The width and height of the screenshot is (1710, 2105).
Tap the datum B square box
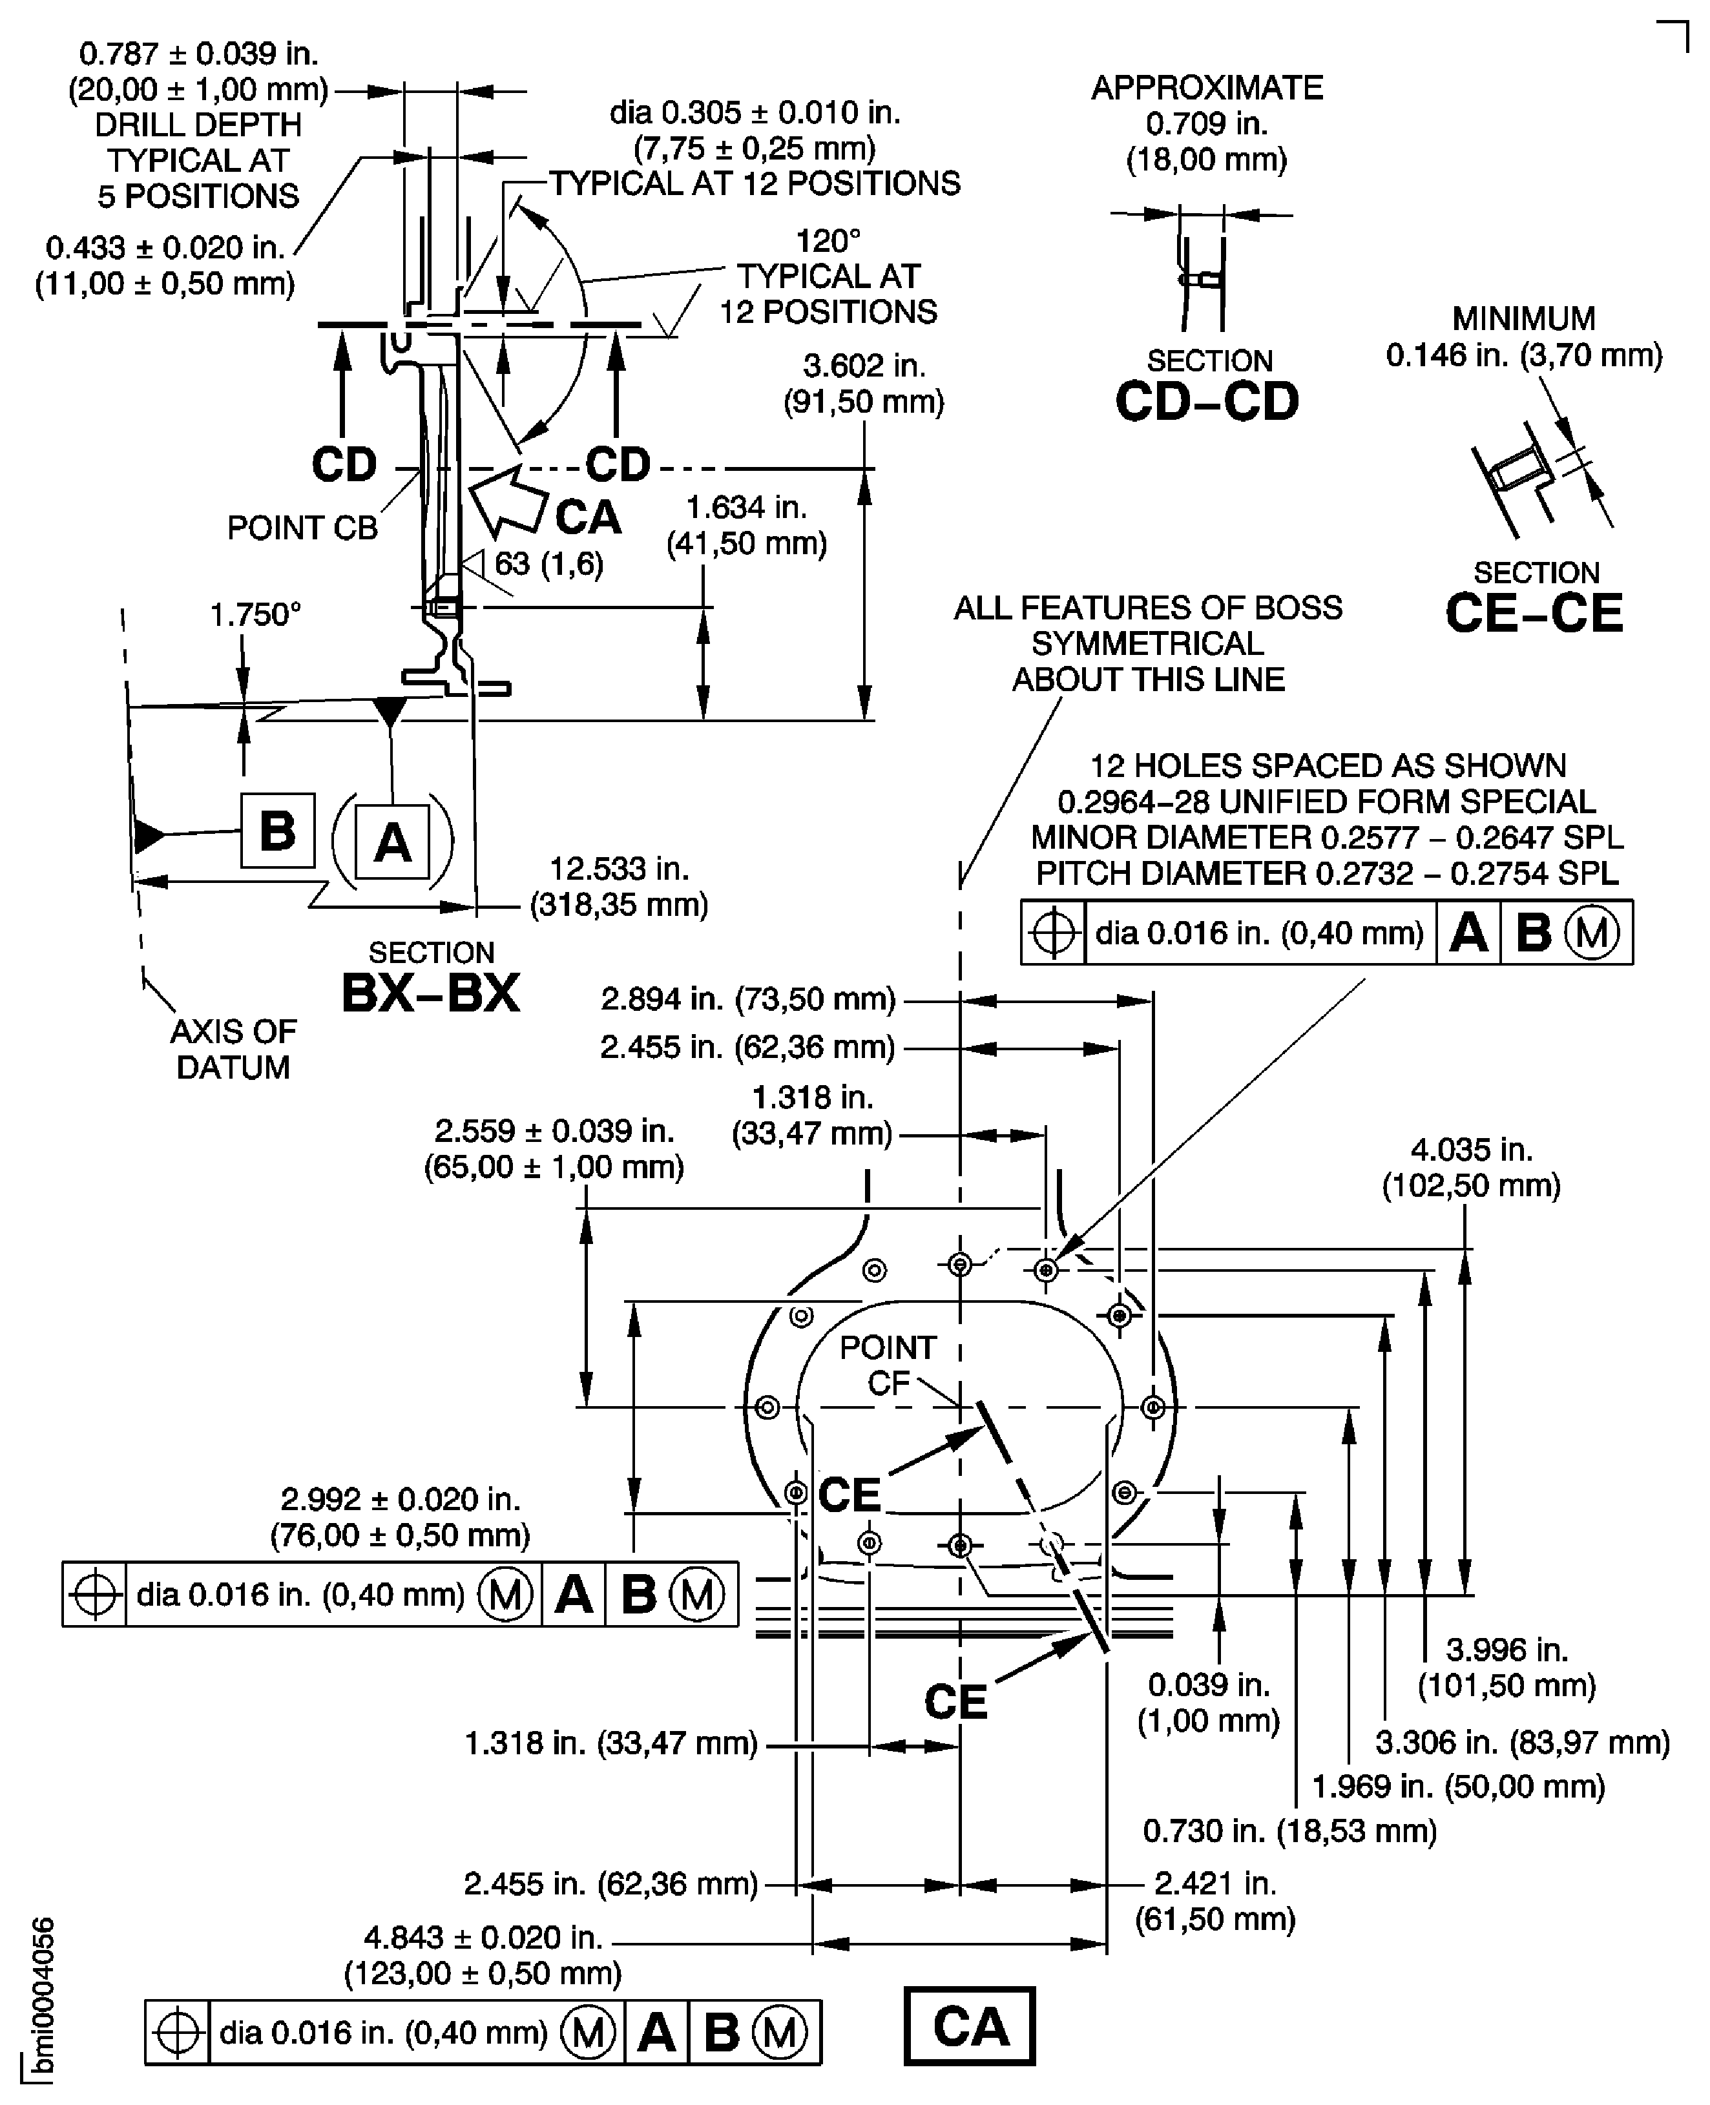[278, 831]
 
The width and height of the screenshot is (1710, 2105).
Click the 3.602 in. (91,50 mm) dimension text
[863, 383]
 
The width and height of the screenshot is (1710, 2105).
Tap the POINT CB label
[302, 528]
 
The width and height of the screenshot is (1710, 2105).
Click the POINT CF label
[886, 1364]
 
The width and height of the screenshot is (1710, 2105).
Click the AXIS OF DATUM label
[233, 1049]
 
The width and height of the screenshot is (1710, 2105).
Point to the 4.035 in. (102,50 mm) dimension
[1470, 1167]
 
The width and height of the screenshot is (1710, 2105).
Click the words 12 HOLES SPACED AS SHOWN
[1327, 765]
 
